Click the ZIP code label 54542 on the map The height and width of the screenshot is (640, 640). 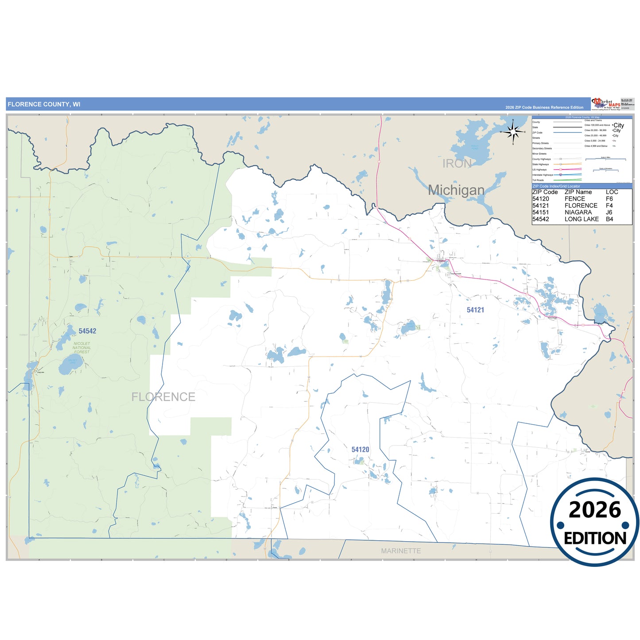(x=87, y=331)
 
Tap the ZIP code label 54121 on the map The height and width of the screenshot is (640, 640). (x=475, y=310)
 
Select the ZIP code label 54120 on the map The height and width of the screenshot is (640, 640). (x=360, y=450)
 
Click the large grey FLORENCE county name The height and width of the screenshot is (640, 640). (x=163, y=397)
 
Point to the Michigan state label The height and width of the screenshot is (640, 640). (x=456, y=190)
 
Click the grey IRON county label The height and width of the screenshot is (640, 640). (x=457, y=163)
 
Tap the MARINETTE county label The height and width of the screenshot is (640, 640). (x=401, y=551)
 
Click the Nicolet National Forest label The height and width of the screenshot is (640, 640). (x=82, y=348)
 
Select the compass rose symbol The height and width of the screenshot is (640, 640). (x=513, y=132)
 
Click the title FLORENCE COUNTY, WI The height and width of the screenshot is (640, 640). (x=44, y=105)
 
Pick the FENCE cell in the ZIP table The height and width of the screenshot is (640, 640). (x=575, y=199)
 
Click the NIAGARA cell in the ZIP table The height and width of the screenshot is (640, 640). (x=578, y=212)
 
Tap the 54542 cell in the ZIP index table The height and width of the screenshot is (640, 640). (x=540, y=219)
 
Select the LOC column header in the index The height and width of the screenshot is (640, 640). (x=612, y=192)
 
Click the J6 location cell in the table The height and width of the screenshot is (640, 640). (x=609, y=212)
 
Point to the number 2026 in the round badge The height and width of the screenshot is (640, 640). (x=595, y=510)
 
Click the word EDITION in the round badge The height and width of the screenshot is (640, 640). (x=595, y=538)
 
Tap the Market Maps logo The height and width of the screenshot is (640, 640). (x=605, y=104)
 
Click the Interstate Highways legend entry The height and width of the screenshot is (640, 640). (x=543, y=175)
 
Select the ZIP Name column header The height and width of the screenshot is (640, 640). (x=578, y=192)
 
